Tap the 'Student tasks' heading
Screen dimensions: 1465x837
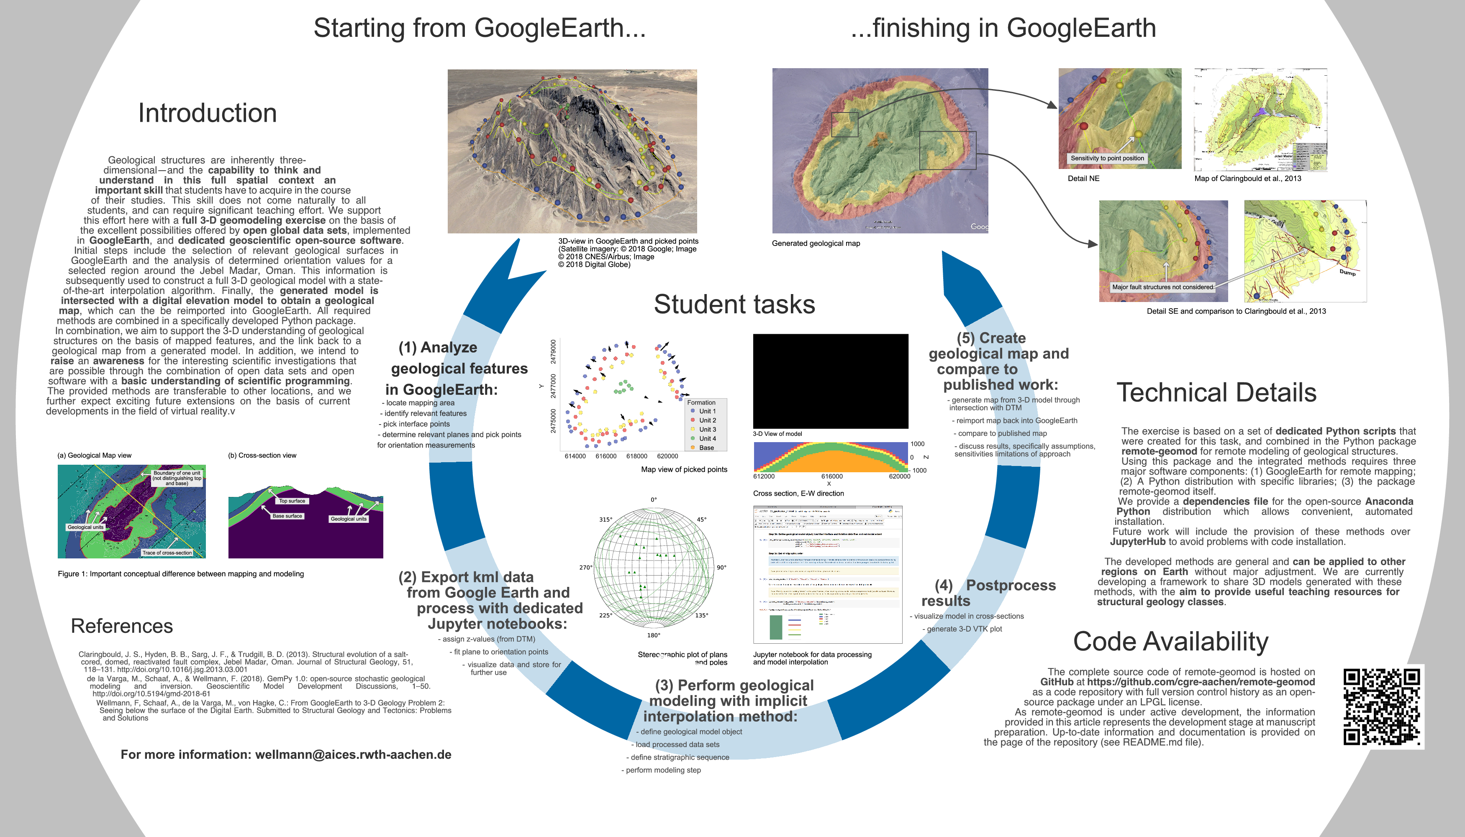tap(734, 304)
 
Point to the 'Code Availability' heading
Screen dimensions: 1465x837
tap(1171, 642)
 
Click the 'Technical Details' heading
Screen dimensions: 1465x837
tap(1216, 393)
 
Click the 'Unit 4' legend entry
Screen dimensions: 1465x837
tap(707, 439)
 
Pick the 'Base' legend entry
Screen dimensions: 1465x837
tap(706, 448)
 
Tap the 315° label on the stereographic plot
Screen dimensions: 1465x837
tap(605, 520)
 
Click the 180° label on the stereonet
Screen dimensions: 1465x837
tap(654, 635)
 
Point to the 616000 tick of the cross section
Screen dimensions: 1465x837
tap(832, 476)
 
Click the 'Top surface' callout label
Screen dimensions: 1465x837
tap(292, 501)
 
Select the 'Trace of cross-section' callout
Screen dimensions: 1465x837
tap(167, 553)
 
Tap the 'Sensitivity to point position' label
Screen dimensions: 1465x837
tap(1107, 158)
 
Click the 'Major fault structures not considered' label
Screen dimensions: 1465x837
tap(1162, 287)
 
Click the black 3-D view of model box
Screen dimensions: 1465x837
tap(831, 381)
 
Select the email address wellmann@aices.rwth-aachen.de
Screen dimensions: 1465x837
tap(353, 755)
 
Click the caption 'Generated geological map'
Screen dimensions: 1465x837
tap(816, 244)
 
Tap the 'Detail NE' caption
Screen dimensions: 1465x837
tap(1083, 179)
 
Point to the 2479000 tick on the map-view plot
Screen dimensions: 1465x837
tap(553, 351)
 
